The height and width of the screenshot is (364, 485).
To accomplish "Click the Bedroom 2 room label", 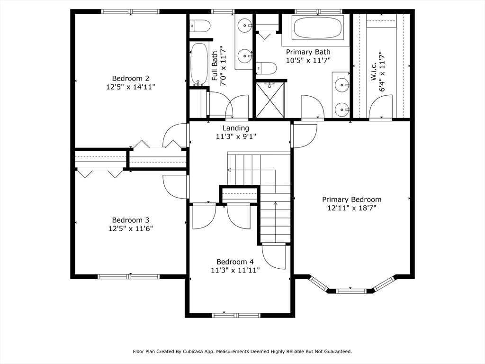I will (130, 78).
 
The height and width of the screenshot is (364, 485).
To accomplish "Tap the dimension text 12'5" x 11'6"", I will (130, 228).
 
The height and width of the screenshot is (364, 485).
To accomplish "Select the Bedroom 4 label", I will (235, 262).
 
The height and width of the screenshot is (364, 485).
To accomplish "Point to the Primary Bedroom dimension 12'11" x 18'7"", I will (351, 208).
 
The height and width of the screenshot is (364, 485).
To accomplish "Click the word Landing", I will (236, 128).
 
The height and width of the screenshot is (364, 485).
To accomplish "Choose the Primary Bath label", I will (308, 52).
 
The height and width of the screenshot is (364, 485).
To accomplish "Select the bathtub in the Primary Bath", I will (318, 28).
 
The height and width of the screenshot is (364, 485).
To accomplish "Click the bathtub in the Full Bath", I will (198, 64).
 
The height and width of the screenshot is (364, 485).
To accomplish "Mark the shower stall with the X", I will (270, 100).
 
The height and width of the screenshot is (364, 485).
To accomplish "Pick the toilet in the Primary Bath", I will (266, 68).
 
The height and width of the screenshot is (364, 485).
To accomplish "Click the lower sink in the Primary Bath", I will (341, 110).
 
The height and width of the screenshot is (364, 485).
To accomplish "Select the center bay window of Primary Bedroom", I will (350, 290).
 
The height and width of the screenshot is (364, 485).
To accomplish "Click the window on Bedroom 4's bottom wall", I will (236, 315).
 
